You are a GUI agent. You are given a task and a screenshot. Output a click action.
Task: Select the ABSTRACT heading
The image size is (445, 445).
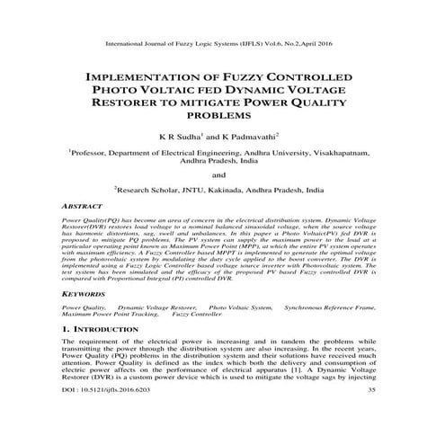click(79, 207)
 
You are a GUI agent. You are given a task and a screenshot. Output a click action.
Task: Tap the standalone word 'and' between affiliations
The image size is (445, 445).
click(221, 175)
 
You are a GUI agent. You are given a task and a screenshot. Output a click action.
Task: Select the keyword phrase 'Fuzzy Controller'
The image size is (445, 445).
click(195, 315)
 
